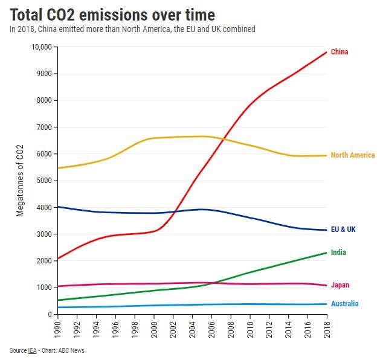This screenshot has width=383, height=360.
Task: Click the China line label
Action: [340, 52]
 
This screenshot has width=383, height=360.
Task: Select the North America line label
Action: [353, 155]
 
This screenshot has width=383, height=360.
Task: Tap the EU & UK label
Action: [344, 230]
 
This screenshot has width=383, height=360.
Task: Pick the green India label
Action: [338, 252]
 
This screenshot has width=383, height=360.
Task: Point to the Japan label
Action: [340, 285]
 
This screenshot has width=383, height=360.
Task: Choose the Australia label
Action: [344, 304]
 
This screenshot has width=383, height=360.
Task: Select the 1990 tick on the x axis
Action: [57, 328]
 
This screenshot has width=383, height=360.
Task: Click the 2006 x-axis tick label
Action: [211, 328]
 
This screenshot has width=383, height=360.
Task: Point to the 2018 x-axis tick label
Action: [327, 328]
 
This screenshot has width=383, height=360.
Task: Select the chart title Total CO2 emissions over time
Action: [112, 13]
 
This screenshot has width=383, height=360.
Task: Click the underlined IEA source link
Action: [32, 351]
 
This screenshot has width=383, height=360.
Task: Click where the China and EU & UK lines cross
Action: [175, 211]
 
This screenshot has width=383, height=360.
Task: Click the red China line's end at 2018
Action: [327, 52]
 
